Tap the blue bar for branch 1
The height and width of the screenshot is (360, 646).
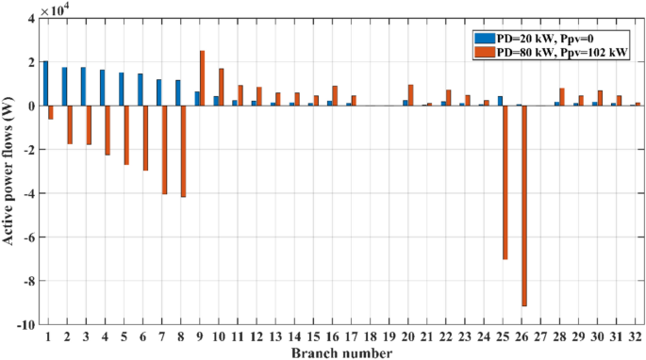coord(45,83)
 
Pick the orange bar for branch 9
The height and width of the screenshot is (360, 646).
coord(202,78)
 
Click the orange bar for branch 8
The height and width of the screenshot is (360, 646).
coord(183,151)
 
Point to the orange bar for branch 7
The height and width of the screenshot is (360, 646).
coord(164,150)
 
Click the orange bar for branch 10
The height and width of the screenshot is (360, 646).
coord(221,87)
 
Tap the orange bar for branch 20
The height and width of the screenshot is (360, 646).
coord(410,95)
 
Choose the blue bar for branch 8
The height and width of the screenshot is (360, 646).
coord(177,93)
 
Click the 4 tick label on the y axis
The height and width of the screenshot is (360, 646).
coord(30,18)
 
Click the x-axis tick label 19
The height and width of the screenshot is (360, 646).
coord(388,336)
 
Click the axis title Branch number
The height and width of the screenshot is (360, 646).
coord(340,352)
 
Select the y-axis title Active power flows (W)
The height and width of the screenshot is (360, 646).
coord(8,171)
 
